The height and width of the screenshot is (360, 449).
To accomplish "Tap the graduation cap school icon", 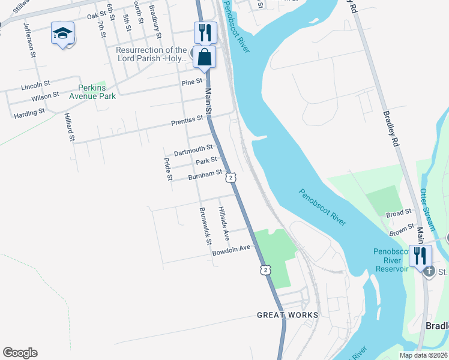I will pos(62,34).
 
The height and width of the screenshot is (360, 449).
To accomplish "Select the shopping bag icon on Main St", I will pos(205,58).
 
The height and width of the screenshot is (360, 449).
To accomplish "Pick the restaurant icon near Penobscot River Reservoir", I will pos(420,256).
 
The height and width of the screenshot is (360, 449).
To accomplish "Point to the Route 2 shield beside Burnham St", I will pos(231,178).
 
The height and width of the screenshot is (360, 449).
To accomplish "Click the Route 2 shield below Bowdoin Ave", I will pos(265,270).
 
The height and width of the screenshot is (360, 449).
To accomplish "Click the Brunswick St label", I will pos(205,226).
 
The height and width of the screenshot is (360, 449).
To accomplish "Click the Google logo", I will pos(20,353).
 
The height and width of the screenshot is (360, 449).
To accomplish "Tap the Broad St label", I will pos(399,212).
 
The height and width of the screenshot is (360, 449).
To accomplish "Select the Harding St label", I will pos(29,112).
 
